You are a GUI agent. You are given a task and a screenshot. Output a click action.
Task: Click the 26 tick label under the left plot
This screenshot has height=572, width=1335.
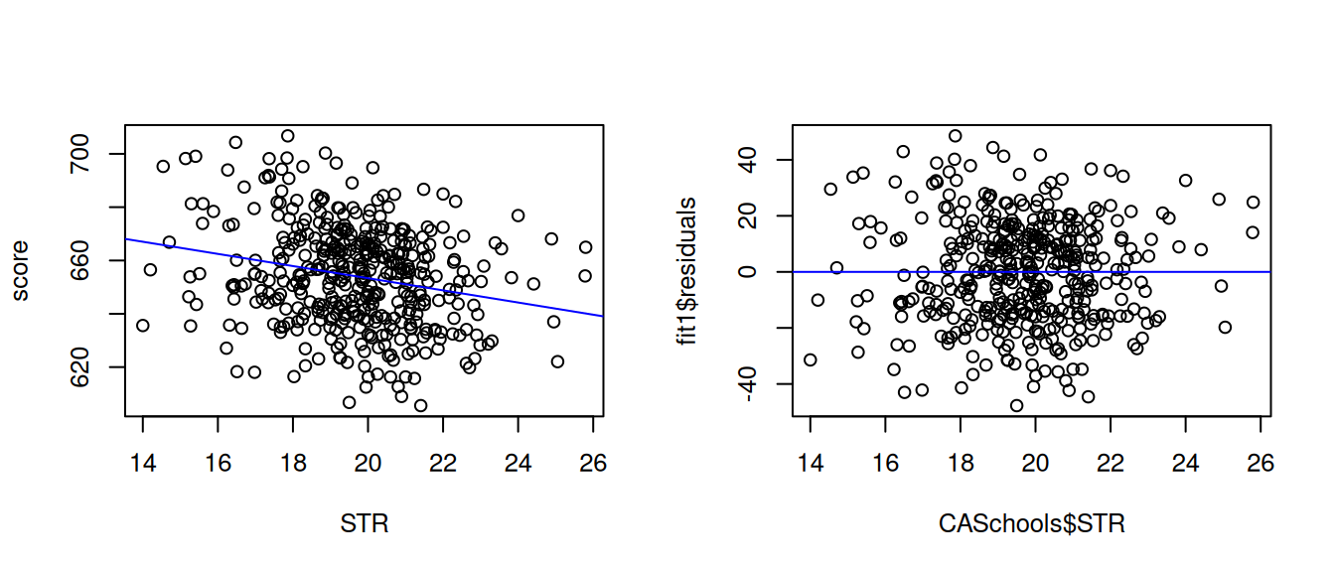[593, 463]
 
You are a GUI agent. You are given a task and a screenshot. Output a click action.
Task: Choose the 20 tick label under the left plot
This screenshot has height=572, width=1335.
[368, 463]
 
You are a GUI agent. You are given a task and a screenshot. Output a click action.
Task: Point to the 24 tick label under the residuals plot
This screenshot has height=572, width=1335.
[1185, 463]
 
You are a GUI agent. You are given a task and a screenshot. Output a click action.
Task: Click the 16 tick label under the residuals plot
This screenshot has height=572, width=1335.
[885, 463]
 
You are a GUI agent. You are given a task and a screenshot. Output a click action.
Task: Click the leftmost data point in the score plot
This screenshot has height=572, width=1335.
[143, 325]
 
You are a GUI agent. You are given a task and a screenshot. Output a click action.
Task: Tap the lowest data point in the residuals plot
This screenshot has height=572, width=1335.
[1016, 405]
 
